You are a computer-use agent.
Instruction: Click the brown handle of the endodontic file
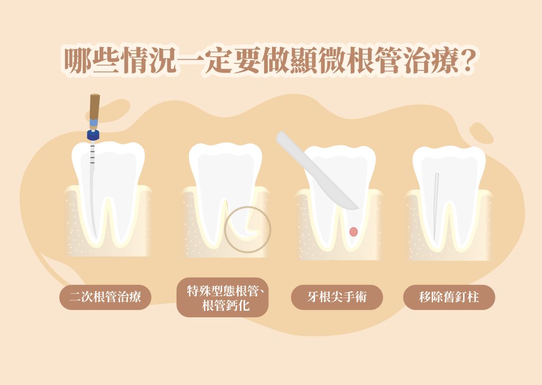tap(95, 106)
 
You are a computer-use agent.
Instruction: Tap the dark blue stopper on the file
tap(93, 135)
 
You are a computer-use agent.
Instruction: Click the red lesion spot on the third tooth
tap(353, 232)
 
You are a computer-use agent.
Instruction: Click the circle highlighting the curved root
tap(224, 230)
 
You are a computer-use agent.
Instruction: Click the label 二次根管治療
tap(105, 297)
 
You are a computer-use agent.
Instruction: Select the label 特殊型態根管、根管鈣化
tap(223, 298)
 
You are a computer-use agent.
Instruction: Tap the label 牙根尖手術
tap(337, 297)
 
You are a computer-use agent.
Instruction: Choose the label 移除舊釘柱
tap(449, 297)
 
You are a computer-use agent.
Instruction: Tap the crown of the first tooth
tap(108, 163)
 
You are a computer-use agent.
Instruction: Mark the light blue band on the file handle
tap(94, 123)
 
